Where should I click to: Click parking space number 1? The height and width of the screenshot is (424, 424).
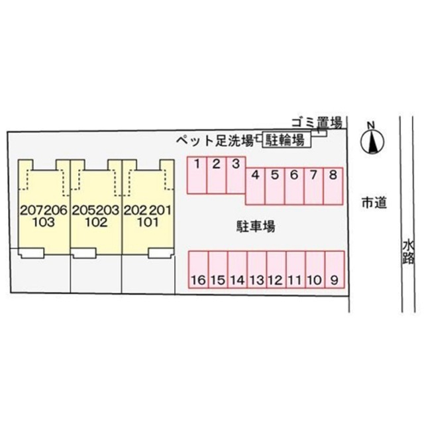[197, 175]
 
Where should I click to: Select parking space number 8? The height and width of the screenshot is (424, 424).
[333, 186]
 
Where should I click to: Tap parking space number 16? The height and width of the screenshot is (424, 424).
[199, 270]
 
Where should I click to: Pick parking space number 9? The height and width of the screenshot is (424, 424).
[335, 270]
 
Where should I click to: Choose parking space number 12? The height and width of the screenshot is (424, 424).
[276, 270]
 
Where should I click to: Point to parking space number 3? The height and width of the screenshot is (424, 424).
[236, 175]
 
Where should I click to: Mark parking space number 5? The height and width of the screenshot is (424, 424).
[275, 186]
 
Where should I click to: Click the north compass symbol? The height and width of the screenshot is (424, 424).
[372, 140]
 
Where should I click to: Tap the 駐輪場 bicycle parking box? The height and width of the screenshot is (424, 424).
[286, 140]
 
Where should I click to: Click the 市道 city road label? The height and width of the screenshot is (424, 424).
[374, 203]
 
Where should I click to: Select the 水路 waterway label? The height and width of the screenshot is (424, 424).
[408, 253]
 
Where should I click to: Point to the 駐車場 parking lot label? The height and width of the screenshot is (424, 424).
[256, 227]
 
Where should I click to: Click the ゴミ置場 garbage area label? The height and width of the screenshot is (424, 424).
[317, 123]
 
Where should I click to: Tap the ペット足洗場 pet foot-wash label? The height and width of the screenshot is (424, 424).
[215, 140]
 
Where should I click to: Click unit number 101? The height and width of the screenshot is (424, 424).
[148, 223]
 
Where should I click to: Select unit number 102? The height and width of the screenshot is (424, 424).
[96, 223]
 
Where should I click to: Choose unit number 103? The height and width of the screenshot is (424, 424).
[44, 223]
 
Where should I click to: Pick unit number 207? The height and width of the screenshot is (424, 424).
[32, 211]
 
